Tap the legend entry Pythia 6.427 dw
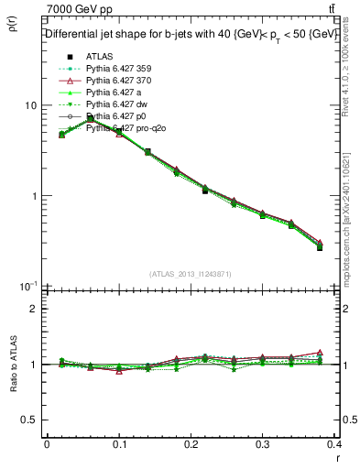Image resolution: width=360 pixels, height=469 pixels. [115, 104]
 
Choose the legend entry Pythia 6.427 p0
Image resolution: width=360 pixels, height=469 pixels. [115, 116]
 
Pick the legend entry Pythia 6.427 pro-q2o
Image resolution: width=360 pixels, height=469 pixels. [123, 128]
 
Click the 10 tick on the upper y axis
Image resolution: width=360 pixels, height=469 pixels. [30, 105]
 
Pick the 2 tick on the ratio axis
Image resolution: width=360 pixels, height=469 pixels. [33, 309]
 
